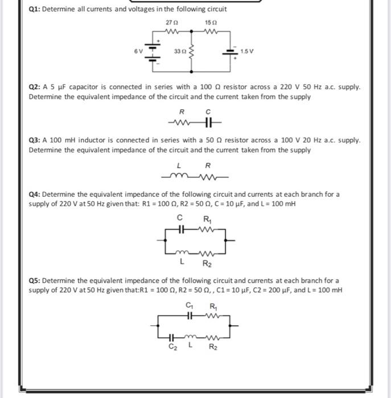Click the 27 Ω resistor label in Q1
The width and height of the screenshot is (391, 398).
tap(168, 22)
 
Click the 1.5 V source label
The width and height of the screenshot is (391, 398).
tap(247, 51)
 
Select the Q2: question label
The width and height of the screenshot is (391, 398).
tap(36, 88)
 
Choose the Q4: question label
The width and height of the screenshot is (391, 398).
tap(36, 194)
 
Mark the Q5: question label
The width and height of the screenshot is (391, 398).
tap(36, 280)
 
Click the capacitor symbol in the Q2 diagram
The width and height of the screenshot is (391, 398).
tap(208, 123)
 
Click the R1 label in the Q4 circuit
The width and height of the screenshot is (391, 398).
tap(207, 218)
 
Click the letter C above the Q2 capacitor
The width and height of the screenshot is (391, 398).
tap(208, 112)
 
